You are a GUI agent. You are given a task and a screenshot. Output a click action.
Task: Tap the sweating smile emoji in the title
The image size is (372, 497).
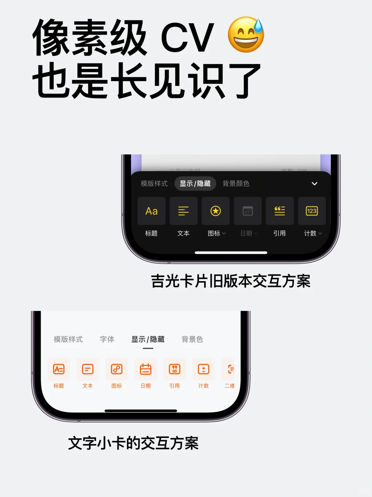(x=246, y=35)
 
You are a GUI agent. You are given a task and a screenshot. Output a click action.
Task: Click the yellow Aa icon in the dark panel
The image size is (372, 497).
(x=152, y=211)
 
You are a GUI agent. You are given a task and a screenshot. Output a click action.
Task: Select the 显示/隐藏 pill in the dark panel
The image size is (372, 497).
(x=195, y=184)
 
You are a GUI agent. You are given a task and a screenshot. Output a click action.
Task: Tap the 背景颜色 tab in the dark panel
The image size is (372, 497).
(x=236, y=184)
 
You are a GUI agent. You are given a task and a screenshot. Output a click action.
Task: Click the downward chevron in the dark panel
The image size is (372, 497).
(x=314, y=184)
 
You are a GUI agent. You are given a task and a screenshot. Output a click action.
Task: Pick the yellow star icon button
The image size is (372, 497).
(x=216, y=211)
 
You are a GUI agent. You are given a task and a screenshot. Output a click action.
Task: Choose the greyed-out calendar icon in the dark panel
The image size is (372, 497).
(x=248, y=211)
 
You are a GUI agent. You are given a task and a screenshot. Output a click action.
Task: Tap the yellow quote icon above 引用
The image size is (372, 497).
(x=280, y=211)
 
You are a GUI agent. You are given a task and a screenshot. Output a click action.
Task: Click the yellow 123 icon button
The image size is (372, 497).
(x=312, y=211)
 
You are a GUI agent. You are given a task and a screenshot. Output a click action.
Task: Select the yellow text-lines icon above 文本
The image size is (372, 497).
(x=184, y=211)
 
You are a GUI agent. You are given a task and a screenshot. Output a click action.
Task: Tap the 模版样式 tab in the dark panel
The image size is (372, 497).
(x=154, y=184)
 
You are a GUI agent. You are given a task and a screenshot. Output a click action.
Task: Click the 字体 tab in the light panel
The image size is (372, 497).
(x=107, y=339)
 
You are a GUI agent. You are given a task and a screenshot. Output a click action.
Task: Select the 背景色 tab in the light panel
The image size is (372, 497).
(x=192, y=339)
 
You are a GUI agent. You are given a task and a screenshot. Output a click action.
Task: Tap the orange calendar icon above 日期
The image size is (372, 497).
(x=146, y=369)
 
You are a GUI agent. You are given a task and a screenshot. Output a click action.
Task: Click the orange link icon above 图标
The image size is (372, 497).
(x=117, y=369)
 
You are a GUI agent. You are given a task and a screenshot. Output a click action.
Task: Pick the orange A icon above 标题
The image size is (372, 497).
(x=59, y=369)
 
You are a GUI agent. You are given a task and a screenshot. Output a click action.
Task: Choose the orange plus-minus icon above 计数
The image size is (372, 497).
(x=204, y=369)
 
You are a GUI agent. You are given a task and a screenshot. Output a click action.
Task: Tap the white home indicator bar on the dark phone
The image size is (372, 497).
(x=231, y=253)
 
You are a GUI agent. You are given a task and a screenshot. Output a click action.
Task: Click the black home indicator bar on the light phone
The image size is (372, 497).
(x=141, y=411)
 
